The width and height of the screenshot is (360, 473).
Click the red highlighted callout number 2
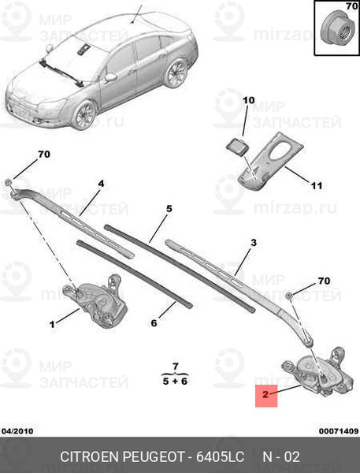coord(265,394)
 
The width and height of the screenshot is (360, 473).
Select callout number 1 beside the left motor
coord(52,324)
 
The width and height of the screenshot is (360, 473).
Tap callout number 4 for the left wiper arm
coord(101,184)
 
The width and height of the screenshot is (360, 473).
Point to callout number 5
coord(169,208)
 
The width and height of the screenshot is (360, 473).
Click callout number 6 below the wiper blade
coord(154,323)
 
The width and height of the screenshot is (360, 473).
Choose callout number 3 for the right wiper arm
coord(254,242)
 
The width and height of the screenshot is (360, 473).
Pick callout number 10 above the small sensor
coord(249,100)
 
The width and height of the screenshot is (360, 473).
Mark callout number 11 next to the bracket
coord(317,185)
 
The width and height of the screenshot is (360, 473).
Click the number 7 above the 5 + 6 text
coord(176,367)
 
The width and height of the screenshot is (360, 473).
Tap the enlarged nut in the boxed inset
coord(334,30)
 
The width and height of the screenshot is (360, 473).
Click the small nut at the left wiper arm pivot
coord(9,181)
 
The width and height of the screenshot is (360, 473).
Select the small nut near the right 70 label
coord(289,296)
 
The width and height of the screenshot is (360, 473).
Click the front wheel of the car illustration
coord(84,114)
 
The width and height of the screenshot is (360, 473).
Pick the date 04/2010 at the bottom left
coord(17,431)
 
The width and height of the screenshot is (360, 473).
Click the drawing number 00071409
coord(339,431)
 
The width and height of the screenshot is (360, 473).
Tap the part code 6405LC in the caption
coord(220,456)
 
